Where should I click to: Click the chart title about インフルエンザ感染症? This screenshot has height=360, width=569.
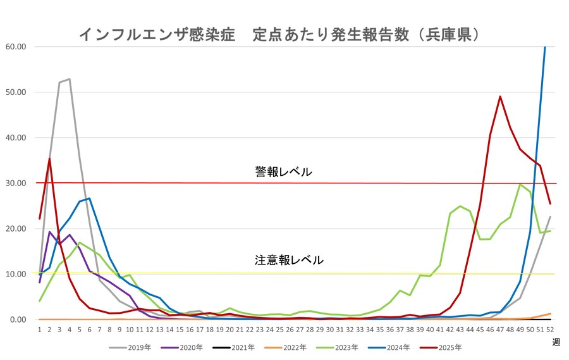[x=278, y=34]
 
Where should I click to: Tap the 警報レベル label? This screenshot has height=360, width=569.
[x=283, y=171]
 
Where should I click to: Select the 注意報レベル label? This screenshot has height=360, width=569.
[x=289, y=260]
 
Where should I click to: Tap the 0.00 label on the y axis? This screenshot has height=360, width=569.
[x=18, y=320]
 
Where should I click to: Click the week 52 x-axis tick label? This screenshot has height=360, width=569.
[x=549, y=330]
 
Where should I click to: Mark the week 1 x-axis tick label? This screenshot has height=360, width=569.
[x=39, y=330]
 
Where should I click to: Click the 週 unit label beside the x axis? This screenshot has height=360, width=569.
[x=555, y=342]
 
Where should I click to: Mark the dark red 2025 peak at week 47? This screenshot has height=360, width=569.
[x=500, y=96]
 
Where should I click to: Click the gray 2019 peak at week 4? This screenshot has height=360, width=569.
[x=70, y=79]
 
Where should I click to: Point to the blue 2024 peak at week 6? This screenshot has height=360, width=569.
[x=89, y=198]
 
